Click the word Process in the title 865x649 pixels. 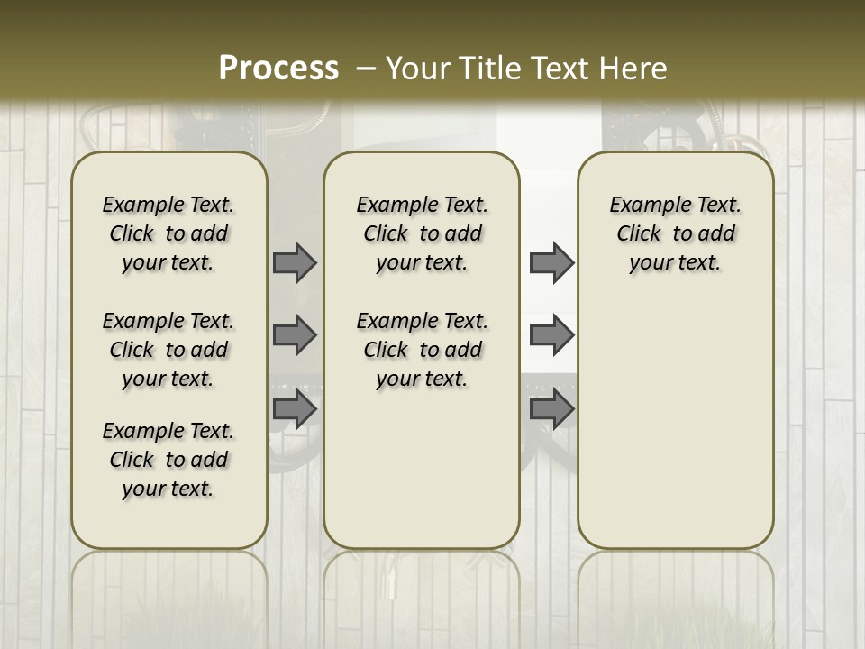pyautogui.click(x=278, y=69)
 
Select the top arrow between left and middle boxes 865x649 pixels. pyautogui.click(x=295, y=262)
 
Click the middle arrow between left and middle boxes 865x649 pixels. pyautogui.click(x=295, y=335)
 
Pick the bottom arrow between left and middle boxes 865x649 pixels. pyautogui.click(x=295, y=409)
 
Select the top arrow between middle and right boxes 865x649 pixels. pyautogui.click(x=551, y=262)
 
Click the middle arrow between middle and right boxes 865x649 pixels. pyautogui.click(x=551, y=335)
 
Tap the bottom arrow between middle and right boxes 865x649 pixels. pyautogui.click(x=551, y=409)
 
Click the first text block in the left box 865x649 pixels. pyautogui.click(x=168, y=233)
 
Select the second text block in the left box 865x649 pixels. pyautogui.click(x=168, y=350)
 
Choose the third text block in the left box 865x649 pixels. pyautogui.click(x=168, y=460)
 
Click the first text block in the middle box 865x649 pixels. pyautogui.click(x=422, y=233)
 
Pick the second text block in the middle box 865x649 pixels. pyautogui.click(x=422, y=350)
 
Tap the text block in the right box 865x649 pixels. pyautogui.click(x=676, y=233)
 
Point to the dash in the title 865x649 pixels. pyautogui.click(x=366, y=69)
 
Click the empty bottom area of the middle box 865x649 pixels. pyautogui.click(x=422, y=478)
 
